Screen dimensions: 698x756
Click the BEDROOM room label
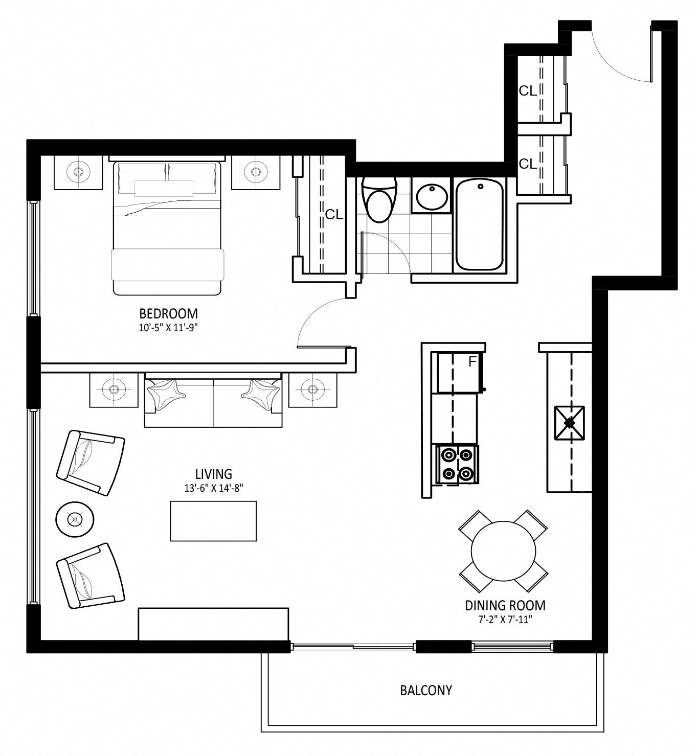click(x=168, y=314)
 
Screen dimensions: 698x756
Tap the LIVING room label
click(x=214, y=474)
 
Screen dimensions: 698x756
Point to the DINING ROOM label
click(x=505, y=605)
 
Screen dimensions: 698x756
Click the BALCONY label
click(x=426, y=690)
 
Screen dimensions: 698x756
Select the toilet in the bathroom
click(x=379, y=200)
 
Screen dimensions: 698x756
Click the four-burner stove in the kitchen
click(x=457, y=464)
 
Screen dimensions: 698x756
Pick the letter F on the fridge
click(x=472, y=361)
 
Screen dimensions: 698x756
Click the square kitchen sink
click(x=570, y=423)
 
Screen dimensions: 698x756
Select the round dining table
click(x=503, y=551)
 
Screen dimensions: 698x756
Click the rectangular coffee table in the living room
click(x=213, y=521)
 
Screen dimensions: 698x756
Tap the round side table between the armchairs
click(x=75, y=519)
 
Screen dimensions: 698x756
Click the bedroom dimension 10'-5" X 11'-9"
click(x=168, y=328)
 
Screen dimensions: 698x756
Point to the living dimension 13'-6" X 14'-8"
click(x=214, y=488)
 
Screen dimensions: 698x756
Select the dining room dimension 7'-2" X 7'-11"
click(x=505, y=620)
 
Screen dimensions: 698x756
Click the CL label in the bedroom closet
click(x=334, y=215)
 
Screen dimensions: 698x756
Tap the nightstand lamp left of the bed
click(x=78, y=172)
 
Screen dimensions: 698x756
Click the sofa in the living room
click(x=213, y=400)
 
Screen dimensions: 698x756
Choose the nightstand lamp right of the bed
click(x=256, y=172)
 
